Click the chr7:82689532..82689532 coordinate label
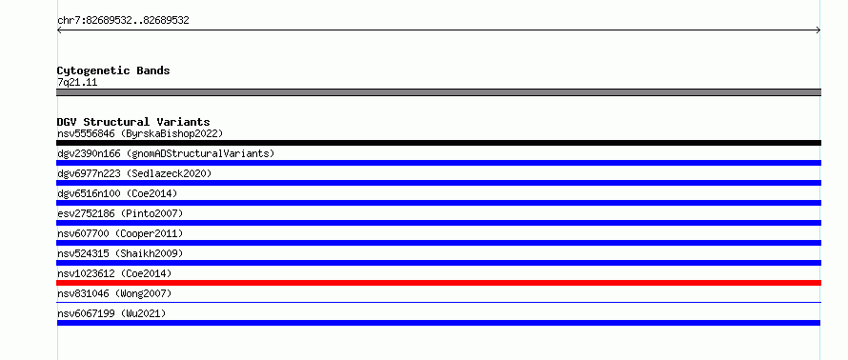pos(123,21)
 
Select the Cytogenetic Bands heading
pos(113,70)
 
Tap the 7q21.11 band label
pos(77,83)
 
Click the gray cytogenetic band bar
pos(438,92)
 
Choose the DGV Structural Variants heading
pos(133,122)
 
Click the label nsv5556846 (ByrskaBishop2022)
pos(140,133)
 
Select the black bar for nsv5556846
pos(438,143)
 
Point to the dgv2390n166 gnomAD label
pos(166,153)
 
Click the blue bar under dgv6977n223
pos(438,183)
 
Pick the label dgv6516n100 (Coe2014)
pos(117,193)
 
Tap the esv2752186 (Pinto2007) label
pos(120,213)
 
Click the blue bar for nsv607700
pos(438,243)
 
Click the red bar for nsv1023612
pos(438,283)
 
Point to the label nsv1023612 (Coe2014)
pos(114,273)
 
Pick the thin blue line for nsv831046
pos(438,302)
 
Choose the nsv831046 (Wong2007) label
pos(114,293)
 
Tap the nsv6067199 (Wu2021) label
pos(111,313)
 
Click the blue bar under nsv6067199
pos(438,323)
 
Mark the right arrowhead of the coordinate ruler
pos(818,30)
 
